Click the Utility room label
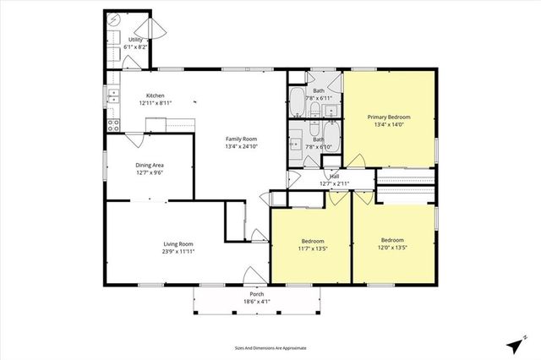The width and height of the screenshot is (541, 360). [135, 40]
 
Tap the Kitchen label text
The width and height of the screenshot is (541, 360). [155, 95]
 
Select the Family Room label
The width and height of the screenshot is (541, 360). [241, 139]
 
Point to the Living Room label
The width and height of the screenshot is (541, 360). [179, 244]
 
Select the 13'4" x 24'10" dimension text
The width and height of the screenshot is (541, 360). [241, 146]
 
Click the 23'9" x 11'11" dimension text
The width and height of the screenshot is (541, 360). [179, 252]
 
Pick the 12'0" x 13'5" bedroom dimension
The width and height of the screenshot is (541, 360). [393, 248]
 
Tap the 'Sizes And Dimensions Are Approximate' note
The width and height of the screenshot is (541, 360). [270, 347]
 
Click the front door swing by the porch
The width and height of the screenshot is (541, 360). [252, 275]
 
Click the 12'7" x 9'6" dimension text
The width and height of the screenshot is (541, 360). [150, 172]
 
